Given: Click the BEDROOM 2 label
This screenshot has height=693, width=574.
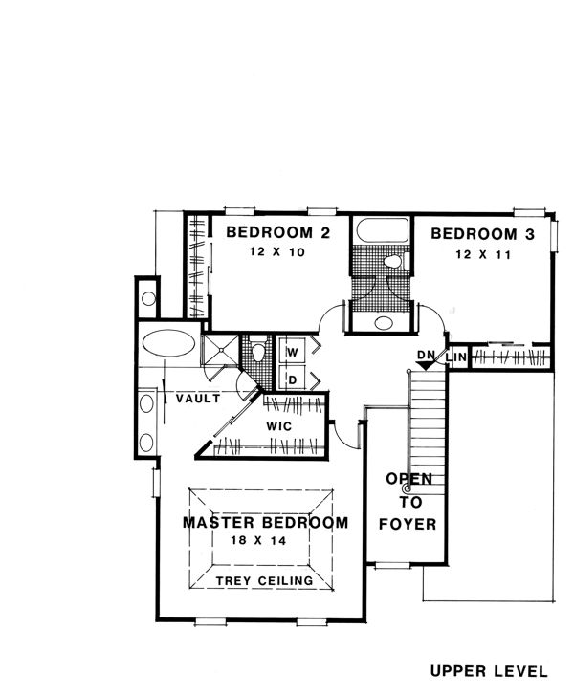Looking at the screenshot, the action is pos(278,232).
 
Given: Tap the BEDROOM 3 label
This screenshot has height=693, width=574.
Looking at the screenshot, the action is pos(482,234).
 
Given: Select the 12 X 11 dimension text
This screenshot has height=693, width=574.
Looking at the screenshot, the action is pos(483,255).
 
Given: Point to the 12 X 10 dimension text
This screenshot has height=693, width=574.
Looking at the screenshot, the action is pos(277,252).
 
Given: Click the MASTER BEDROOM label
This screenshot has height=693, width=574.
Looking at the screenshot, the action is pos(265,523).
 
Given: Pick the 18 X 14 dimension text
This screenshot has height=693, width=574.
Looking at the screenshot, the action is pos(258,540).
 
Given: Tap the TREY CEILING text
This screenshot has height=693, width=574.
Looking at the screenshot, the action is pos(264,580).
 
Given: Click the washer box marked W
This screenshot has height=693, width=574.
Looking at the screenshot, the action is pos(292,352).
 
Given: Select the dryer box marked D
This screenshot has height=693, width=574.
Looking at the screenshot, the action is pos(292,379).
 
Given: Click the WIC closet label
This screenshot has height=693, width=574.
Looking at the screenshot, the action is pos(279,426).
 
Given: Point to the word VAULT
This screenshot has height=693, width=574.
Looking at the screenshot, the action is pos(198,399).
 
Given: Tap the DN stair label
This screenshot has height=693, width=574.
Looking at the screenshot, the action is pos(427,355).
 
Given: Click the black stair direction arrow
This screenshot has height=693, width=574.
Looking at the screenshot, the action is pos(425,365).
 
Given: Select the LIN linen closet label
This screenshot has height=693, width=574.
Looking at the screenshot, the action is pos(456,357).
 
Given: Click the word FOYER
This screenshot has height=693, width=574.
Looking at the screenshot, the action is pos(408,524).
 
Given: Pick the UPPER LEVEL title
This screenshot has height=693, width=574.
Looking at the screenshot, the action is pos(489,671).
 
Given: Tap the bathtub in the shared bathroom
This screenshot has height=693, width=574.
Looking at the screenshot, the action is pos(382,229).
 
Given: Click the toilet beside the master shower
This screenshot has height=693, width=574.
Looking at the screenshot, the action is pos(257,352).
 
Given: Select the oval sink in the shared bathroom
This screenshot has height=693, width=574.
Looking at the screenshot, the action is pos(384,323).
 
